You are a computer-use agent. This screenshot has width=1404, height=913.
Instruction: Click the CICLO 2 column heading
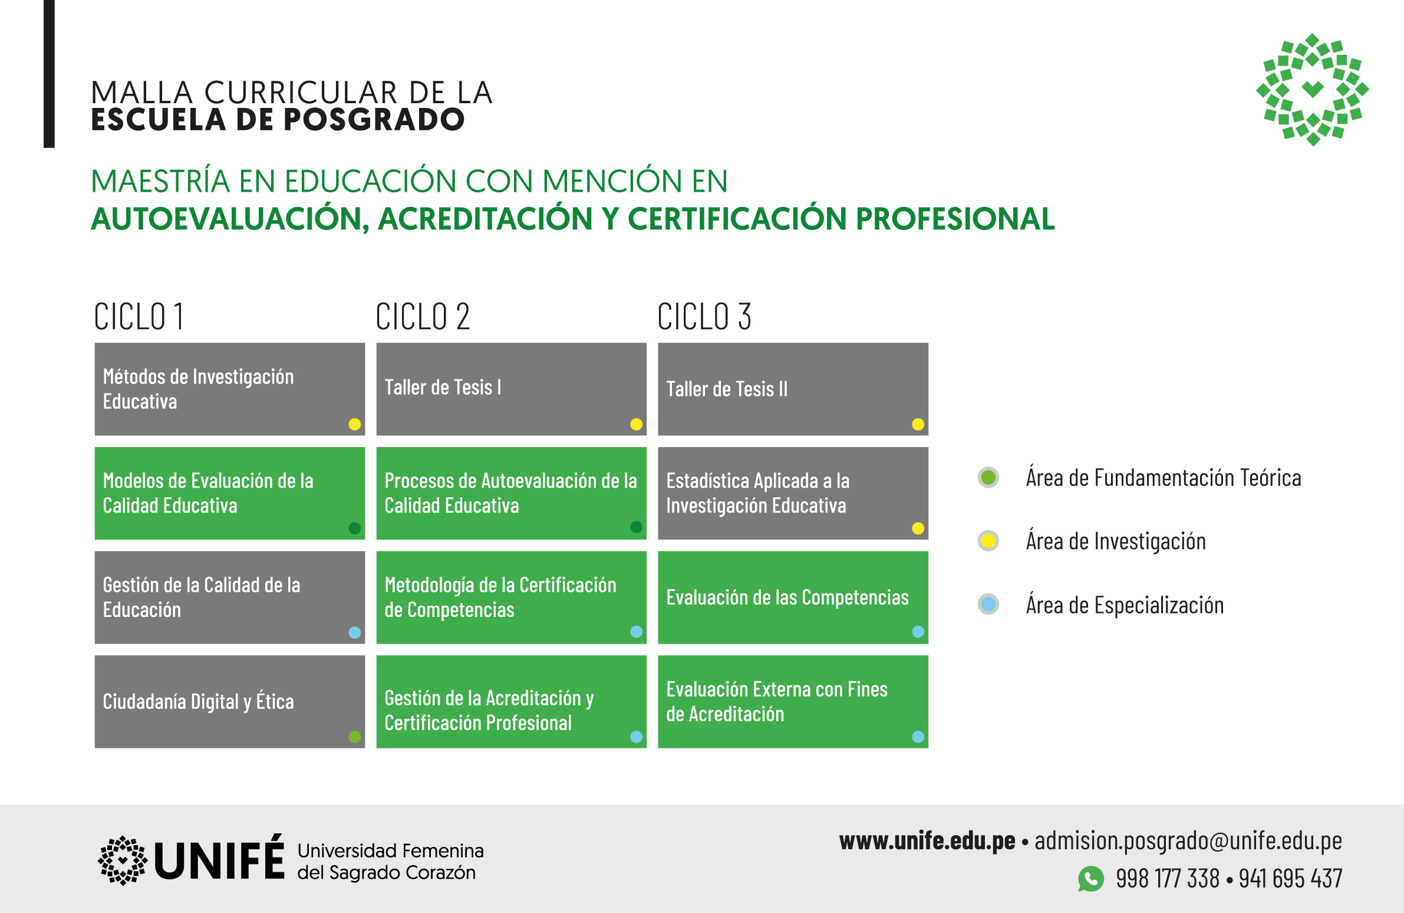tap(423, 316)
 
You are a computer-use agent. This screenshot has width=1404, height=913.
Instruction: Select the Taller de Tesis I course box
tap(512, 389)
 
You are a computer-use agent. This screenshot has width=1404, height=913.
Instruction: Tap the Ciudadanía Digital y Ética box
tap(229, 702)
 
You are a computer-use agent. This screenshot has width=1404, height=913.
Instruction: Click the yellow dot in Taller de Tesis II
tap(918, 424)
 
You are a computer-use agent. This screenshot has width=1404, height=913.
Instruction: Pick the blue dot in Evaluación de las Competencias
tap(918, 632)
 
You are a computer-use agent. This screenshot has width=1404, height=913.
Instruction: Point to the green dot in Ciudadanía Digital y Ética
tap(355, 737)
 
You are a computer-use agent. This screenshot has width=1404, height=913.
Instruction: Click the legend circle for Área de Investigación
tap(988, 541)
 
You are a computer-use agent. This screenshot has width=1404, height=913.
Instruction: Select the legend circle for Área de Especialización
tap(988, 604)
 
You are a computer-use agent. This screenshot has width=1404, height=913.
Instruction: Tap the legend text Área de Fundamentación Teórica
tap(1164, 478)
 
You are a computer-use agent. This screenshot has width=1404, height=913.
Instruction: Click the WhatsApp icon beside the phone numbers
tap(1091, 879)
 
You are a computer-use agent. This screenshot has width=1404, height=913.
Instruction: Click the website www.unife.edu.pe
tap(927, 841)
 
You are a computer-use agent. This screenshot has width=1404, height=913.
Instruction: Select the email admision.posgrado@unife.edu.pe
tap(1188, 842)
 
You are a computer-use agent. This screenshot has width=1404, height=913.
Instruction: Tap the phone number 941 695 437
tap(1290, 879)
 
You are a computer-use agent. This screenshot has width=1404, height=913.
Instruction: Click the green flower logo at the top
tap(1313, 89)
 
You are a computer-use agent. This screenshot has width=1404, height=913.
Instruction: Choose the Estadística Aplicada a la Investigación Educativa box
tap(793, 494)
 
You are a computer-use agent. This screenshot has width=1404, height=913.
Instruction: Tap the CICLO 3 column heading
tap(704, 316)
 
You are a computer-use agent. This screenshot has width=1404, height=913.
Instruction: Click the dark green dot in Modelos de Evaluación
tap(355, 528)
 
